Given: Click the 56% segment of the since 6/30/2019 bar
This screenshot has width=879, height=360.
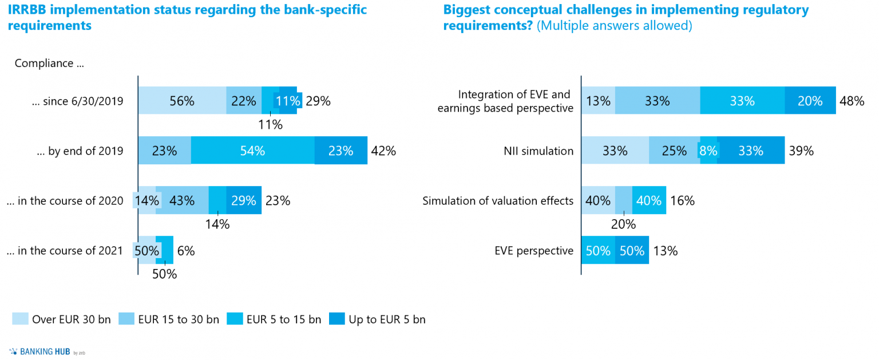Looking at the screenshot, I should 182,101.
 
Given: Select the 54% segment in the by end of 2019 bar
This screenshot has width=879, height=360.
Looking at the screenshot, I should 252,151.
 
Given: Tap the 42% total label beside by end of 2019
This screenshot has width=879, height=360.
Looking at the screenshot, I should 383,151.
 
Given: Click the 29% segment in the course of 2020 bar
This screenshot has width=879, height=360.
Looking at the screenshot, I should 244,201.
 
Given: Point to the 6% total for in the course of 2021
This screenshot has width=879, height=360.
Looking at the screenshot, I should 186,251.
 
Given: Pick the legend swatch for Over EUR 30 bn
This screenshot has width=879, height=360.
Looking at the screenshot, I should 20,319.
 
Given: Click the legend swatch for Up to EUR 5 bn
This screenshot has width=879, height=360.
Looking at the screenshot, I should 337,319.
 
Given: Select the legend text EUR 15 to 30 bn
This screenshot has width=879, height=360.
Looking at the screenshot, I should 178,319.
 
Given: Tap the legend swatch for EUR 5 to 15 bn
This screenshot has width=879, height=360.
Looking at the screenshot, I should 234,319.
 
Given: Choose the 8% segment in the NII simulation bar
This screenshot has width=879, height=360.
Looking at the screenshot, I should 708,151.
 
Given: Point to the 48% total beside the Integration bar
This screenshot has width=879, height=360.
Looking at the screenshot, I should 852,101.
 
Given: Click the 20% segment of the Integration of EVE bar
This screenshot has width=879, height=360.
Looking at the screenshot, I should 810,101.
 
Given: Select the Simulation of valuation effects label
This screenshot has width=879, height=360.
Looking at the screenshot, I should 498,201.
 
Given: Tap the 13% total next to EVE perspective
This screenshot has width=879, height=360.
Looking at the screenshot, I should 665,251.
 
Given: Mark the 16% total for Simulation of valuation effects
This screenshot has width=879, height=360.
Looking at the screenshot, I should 682,201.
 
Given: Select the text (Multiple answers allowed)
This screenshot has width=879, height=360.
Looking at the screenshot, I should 614,26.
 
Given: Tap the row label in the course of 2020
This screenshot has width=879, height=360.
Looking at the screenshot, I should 65,201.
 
